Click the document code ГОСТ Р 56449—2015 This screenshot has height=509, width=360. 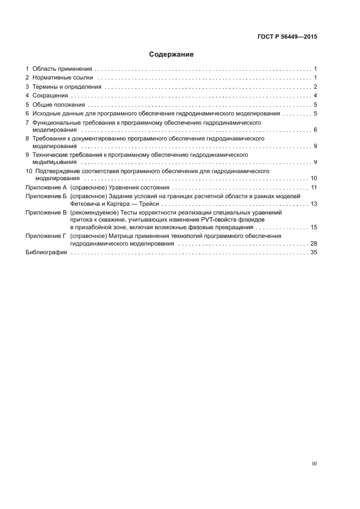click(x=287, y=37)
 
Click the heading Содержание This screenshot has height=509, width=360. click(x=171, y=54)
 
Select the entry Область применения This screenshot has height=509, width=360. click(x=62, y=69)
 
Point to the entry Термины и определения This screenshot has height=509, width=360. click(x=66, y=87)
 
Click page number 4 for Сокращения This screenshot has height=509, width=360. click(x=315, y=96)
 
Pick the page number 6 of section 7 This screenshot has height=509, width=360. click(x=315, y=130)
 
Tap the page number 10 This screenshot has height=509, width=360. click(x=314, y=178)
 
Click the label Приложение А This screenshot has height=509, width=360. click(x=46, y=187)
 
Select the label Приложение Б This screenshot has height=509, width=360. click(x=46, y=195)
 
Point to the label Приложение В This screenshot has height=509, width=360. click(x=46, y=211)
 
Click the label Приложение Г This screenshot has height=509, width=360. click(x=46, y=236)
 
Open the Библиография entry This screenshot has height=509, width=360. click(x=46, y=253)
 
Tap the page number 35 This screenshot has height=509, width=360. click(x=314, y=253)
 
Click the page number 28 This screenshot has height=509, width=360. click(x=314, y=244)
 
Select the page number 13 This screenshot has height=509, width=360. click(x=314, y=204)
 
